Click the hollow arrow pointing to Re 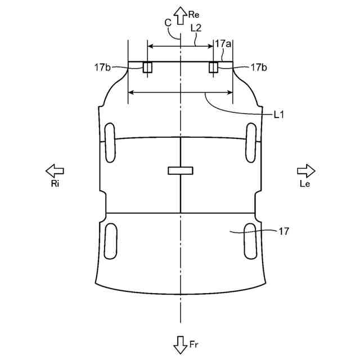(x=180, y=16)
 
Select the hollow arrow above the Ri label (x=55, y=170)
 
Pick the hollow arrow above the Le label (x=306, y=170)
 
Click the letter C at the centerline (x=168, y=22)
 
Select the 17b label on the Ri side (x=102, y=67)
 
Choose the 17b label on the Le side (x=259, y=67)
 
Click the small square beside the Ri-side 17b (x=147, y=67)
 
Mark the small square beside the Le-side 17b (x=214, y=67)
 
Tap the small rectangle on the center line (x=180, y=170)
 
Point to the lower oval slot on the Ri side (x=111, y=240)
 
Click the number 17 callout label (x=283, y=231)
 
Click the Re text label (x=194, y=15)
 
